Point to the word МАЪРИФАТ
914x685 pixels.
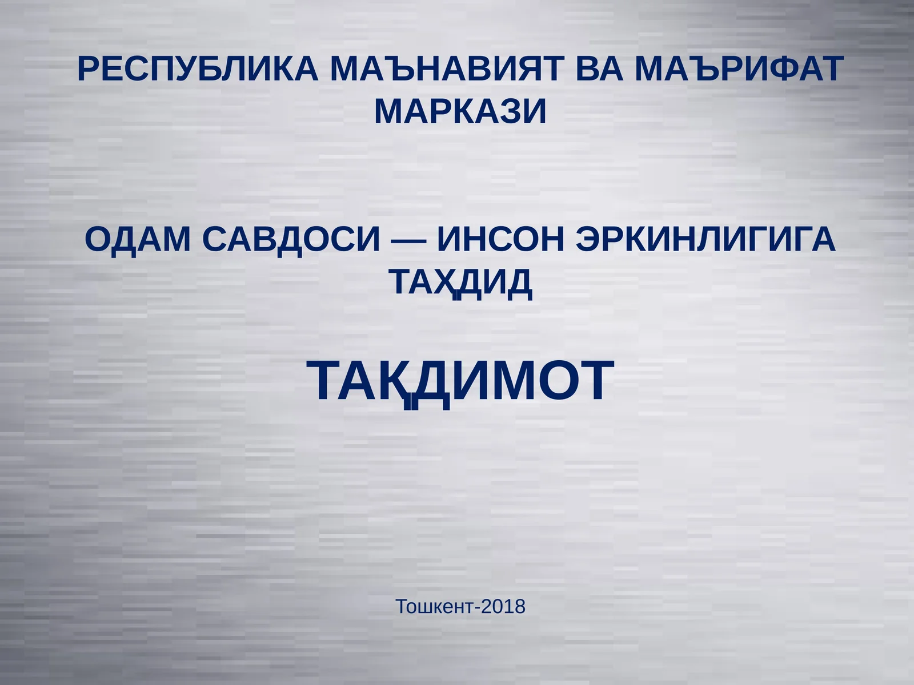pyautogui.click(x=739, y=69)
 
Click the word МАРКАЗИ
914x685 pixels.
pyautogui.click(x=460, y=111)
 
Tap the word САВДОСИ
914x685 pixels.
pyautogui.click(x=291, y=239)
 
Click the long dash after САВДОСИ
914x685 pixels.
pyautogui.click(x=408, y=240)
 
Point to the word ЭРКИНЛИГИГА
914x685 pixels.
pyautogui.click(x=705, y=239)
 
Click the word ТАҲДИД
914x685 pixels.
pyautogui.click(x=460, y=281)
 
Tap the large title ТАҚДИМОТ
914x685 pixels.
pyautogui.click(x=460, y=381)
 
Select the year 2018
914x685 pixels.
pyautogui.click(x=503, y=606)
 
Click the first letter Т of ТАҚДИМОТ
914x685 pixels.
pyautogui.click(x=326, y=381)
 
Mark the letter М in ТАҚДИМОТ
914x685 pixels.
pyautogui.click(x=520, y=381)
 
